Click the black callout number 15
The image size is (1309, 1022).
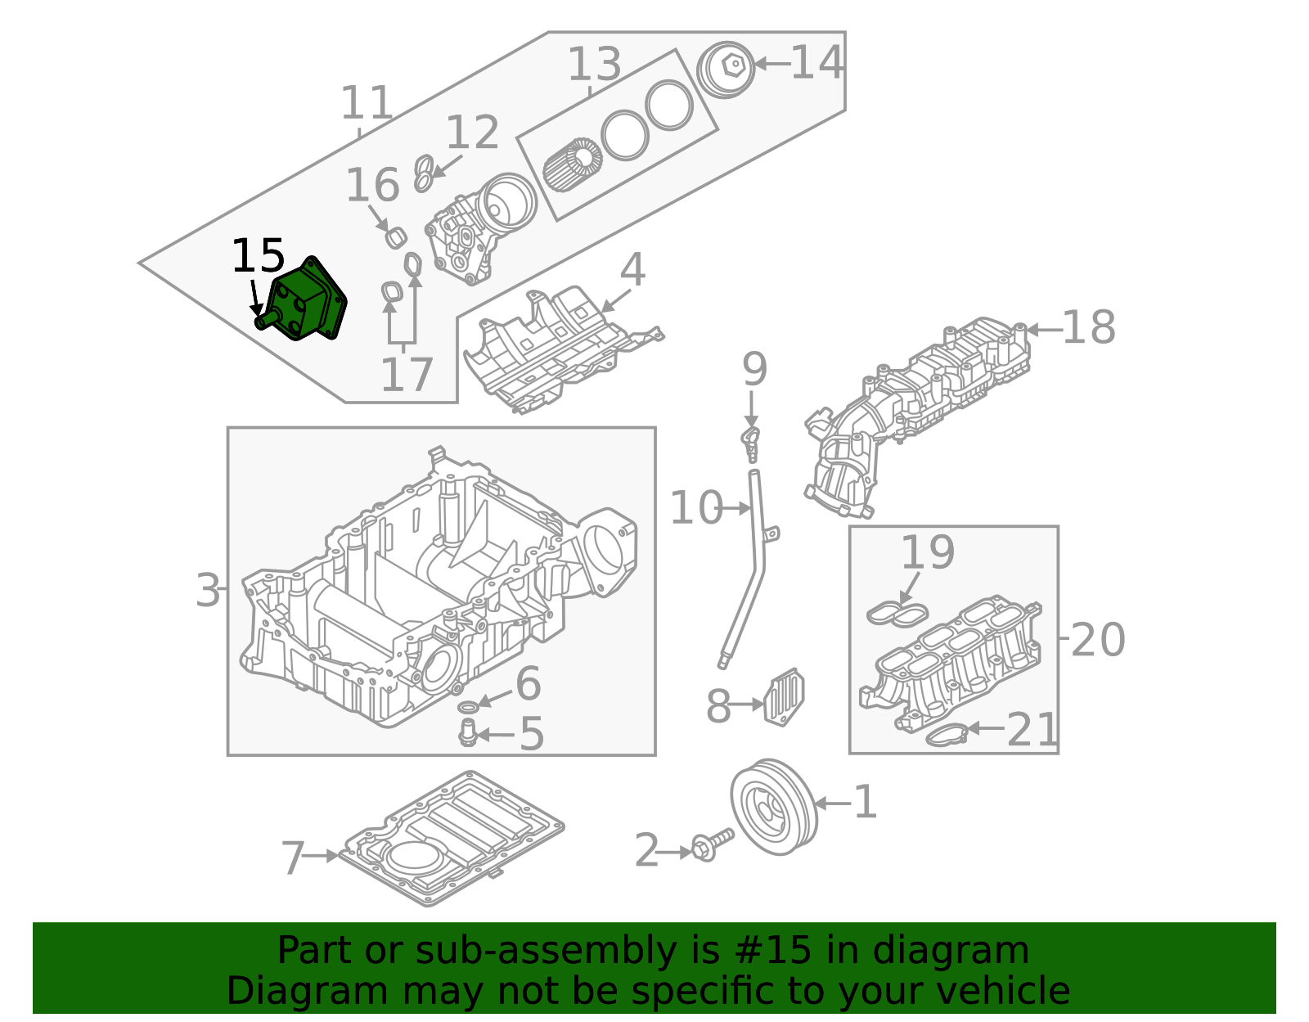tap(258, 257)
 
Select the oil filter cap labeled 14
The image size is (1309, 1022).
tap(726, 69)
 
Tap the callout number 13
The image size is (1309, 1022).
tap(595, 65)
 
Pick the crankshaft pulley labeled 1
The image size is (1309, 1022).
tap(773, 806)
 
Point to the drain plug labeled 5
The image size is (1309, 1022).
tap(468, 733)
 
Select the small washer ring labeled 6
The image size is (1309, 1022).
tap(468, 706)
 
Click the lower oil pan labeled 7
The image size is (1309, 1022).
tap(452, 840)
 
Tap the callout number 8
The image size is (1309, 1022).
tap(717, 707)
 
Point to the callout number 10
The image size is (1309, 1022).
tap(696, 508)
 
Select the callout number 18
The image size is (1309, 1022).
tap(1088, 328)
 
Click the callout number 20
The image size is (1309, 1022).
tap(1097, 640)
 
